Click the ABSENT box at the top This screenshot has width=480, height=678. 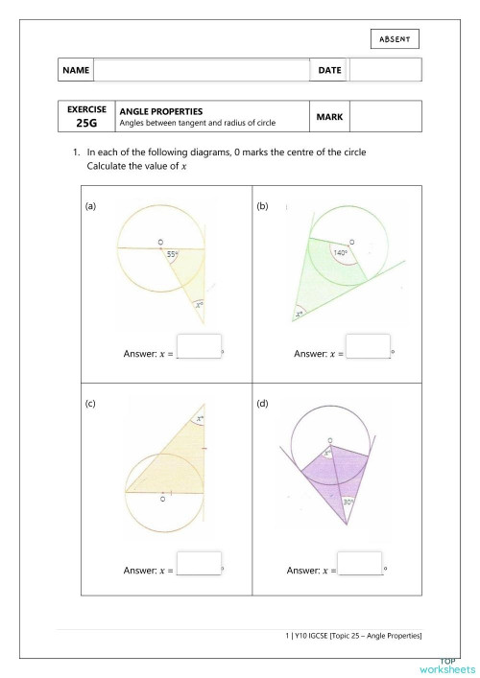pyautogui.click(x=395, y=38)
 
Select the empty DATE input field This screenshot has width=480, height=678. pyautogui.click(x=385, y=70)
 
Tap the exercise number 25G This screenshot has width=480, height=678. pyautogui.click(x=86, y=124)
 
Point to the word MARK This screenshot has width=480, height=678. pyautogui.click(x=329, y=117)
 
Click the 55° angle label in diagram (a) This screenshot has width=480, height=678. pyautogui.click(x=172, y=254)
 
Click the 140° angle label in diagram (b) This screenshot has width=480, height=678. pyautogui.click(x=340, y=253)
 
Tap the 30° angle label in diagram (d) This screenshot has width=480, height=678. pyautogui.click(x=349, y=502)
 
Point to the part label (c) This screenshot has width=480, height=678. pyautogui.click(x=90, y=404)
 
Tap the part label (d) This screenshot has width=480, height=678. pyautogui.click(x=262, y=404)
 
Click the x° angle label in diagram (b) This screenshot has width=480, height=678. pyautogui.click(x=300, y=314)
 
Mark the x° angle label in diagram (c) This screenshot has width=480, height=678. pyautogui.click(x=200, y=419)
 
